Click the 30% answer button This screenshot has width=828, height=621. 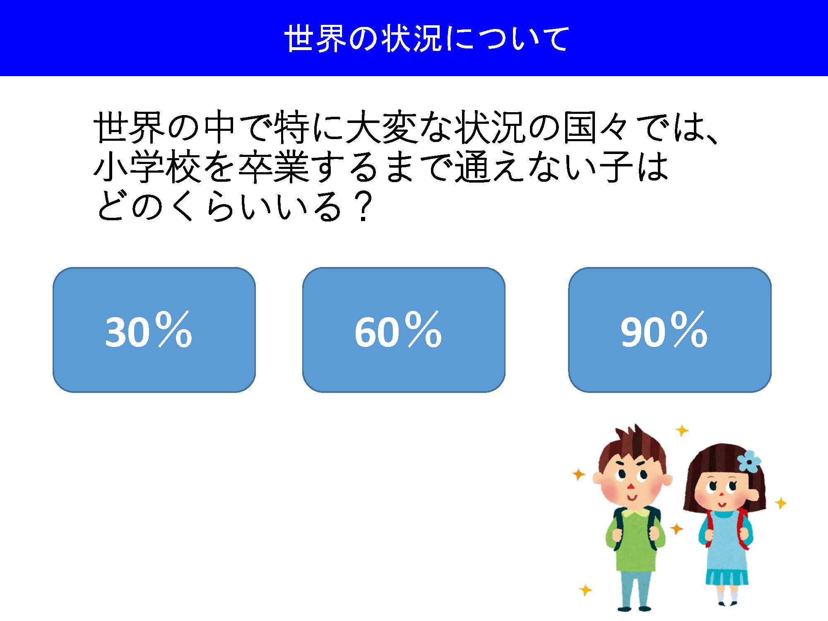(x=154, y=330)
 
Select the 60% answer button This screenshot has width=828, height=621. (x=404, y=330)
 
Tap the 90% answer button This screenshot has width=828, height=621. (x=670, y=330)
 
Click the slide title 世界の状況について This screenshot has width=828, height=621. (x=427, y=39)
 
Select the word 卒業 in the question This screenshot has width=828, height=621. (x=274, y=167)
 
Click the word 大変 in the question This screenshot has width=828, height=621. (x=381, y=128)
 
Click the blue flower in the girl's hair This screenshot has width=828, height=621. (x=749, y=460)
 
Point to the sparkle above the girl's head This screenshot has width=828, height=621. (x=681, y=431)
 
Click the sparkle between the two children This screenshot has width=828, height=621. (x=676, y=529)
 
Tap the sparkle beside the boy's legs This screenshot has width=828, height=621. (x=585, y=590)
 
